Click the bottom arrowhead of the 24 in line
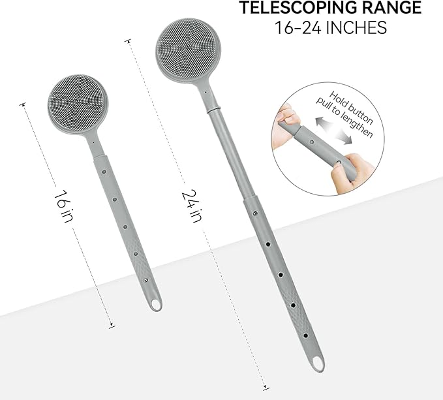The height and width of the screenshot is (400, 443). [x=266, y=386]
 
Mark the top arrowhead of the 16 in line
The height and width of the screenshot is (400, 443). [x=23, y=104]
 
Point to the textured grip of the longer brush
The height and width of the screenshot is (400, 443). [x=305, y=326]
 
